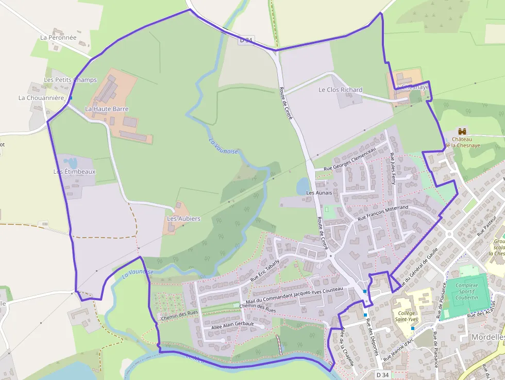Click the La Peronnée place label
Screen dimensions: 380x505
coord(58,38)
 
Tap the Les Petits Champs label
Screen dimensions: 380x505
coord(70,80)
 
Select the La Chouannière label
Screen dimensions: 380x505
coord(41,98)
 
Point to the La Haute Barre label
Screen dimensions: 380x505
coord(107,109)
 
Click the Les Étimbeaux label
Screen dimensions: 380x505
coord(75,171)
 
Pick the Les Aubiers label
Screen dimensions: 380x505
coord(183,219)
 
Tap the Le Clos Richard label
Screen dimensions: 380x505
coord(340,90)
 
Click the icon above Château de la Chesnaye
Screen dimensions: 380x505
coord(462,131)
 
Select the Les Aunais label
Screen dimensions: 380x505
coord(317,193)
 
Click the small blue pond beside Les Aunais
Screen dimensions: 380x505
coord(303,185)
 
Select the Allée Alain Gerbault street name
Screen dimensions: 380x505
coord(233,324)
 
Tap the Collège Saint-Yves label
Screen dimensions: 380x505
coord(406,316)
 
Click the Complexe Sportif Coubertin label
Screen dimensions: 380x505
coord(467,291)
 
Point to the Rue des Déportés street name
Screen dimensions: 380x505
coord(373,337)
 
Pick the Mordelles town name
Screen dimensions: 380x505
coord(487,337)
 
